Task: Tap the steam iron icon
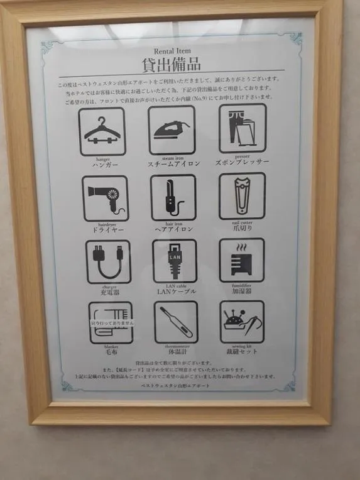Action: [172, 129]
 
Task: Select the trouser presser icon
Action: [242, 128]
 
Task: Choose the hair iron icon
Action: [173, 197]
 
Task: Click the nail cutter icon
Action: [242, 196]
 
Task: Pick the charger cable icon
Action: [108, 261]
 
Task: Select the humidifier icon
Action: [242, 259]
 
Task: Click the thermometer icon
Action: [176, 322]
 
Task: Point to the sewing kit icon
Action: [242, 321]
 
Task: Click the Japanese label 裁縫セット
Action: [242, 352]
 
